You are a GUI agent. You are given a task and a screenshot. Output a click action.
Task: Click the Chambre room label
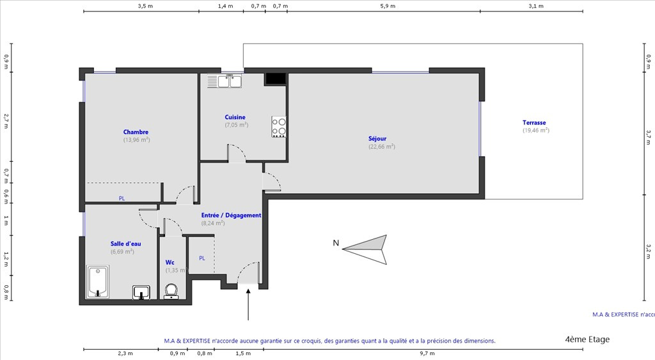[x=136, y=132]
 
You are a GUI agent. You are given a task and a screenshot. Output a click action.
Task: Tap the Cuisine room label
[x=235, y=118]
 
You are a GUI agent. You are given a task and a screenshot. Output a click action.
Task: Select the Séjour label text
[x=377, y=139]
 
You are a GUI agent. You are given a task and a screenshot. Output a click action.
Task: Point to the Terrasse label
[x=534, y=123]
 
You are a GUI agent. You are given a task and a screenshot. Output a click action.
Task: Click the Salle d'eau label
[x=125, y=244]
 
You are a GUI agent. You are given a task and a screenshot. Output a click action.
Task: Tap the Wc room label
[x=170, y=263]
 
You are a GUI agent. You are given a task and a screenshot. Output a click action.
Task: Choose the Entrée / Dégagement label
[x=231, y=215]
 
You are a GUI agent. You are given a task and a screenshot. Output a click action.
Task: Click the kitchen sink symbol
[x=225, y=81]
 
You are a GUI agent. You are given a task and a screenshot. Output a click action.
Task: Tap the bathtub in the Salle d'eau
[x=98, y=282]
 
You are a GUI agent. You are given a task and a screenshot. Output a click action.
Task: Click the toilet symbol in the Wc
[x=171, y=291]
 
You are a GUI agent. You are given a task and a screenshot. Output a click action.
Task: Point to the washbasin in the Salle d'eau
[x=141, y=293]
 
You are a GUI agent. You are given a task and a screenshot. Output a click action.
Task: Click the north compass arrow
[x=365, y=249]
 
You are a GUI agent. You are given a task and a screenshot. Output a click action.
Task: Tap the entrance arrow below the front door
[x=248, y=304]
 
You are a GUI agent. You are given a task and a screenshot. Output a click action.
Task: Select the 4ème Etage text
[x=587, y=339]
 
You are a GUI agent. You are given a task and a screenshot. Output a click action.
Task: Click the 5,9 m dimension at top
[x=388, y=6]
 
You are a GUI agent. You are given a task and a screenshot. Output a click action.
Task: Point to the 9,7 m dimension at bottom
[x=427, y=354]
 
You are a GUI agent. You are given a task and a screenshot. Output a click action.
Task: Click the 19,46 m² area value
[x=536, y=130]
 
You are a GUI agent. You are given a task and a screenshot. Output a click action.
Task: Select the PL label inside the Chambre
[x=122, y=198]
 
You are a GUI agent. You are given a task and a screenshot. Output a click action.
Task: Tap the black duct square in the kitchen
[x=275, y=79]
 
